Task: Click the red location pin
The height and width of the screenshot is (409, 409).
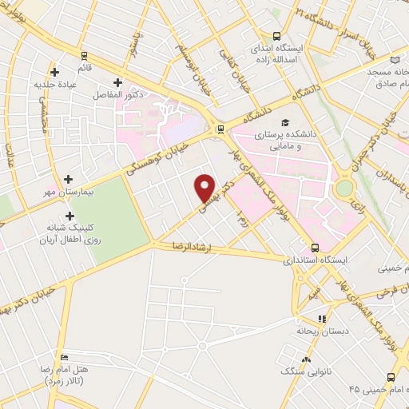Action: point(207,188)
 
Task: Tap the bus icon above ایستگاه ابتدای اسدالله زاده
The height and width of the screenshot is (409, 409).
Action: point(276,35)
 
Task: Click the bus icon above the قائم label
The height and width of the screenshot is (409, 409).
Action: point(84,54)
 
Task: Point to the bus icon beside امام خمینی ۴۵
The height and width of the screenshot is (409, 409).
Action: point(390,376)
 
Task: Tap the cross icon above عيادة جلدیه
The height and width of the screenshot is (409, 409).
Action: point(54,71)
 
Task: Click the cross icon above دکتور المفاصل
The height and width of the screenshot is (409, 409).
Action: point(117,81)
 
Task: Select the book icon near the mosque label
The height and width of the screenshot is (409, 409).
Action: point(395,59)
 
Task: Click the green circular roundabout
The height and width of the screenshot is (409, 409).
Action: point(345,188)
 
